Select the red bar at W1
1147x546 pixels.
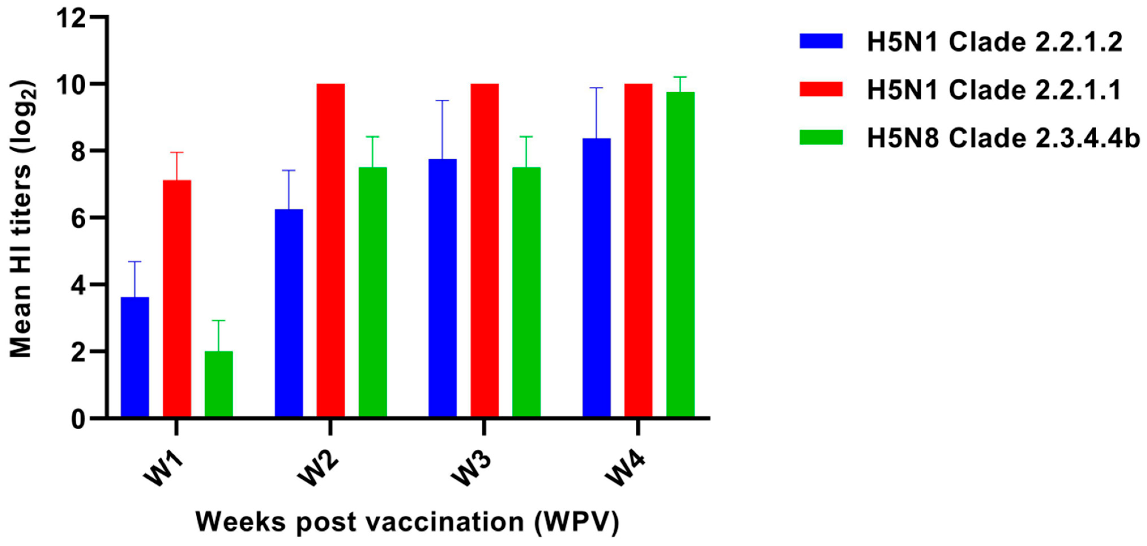[x=177, y=298]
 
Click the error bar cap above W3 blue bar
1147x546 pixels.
[x=442, y=101]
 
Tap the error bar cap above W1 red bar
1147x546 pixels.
[x=177, y=152]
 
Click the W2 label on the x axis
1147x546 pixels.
[x=318, y=471]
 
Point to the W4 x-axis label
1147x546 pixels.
[x=625, y=471]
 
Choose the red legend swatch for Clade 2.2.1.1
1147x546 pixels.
[x=821, y=89]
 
